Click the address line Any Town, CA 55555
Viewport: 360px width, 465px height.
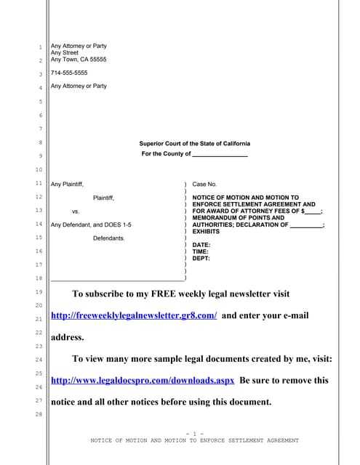pos(79,60)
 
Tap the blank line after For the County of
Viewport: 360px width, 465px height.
pos(220,155)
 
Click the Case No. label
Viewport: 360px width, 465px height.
pos(204,185)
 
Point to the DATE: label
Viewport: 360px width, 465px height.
pos(201,245)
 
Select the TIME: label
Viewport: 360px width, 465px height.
pos(201,251)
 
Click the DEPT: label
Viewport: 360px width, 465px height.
pos(201,258)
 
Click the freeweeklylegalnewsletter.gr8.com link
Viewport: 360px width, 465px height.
pos(134,316)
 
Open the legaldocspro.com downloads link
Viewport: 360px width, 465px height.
pos(142,380)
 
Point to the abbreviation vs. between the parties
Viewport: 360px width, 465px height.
pos(75,211)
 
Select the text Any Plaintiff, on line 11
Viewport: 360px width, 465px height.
pos(71,185)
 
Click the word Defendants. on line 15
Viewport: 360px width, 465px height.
pos(108,238)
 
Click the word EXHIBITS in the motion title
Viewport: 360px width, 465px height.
pos(206,231)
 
